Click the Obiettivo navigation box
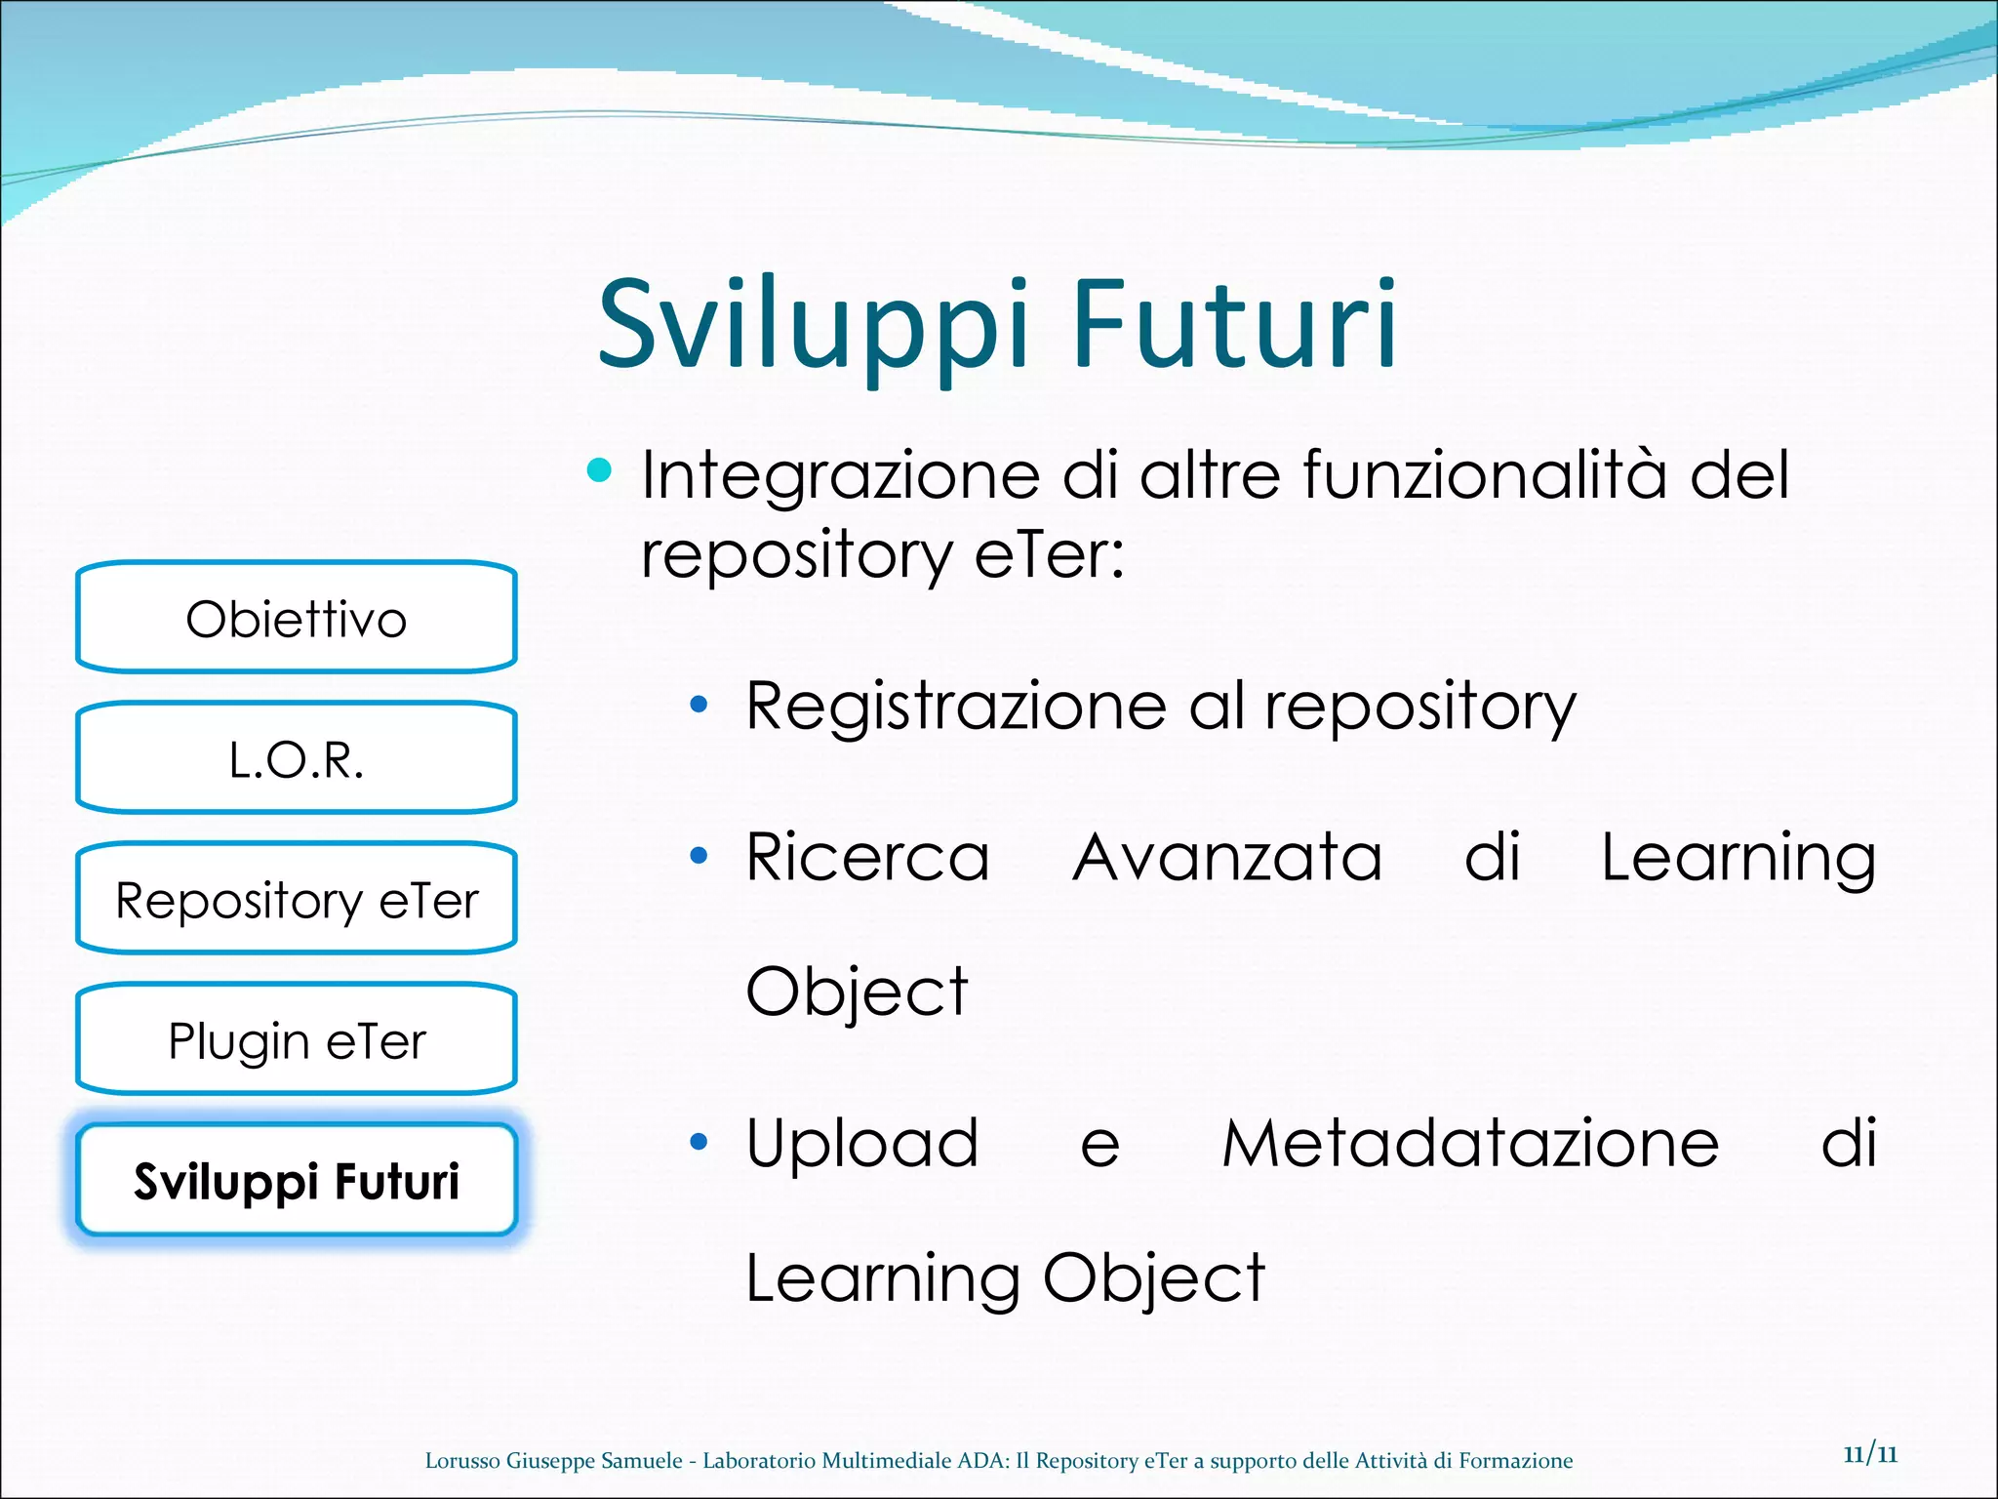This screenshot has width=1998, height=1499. point(296,619)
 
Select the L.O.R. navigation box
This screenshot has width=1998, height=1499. point(296,759)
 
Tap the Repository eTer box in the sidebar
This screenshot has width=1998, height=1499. point(296,900)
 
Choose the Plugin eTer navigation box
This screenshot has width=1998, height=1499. point(296,1040)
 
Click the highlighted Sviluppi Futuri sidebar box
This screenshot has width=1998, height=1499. point(296,1181)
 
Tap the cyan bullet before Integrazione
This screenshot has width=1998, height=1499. point(599,471)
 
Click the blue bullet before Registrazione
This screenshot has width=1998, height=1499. point(698,705)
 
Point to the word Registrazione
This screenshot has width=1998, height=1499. point(955,706)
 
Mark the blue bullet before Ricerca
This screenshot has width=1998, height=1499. point(698,856)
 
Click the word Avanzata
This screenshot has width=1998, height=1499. point(1227,857)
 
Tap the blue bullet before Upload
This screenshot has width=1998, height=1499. point(698,1142)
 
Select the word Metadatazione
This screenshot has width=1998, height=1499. point(1470,1143)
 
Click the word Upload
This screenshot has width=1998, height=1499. point(861,1143)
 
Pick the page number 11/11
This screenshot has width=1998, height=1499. point(1870,1454)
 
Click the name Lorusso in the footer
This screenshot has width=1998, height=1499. point(462,1461)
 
